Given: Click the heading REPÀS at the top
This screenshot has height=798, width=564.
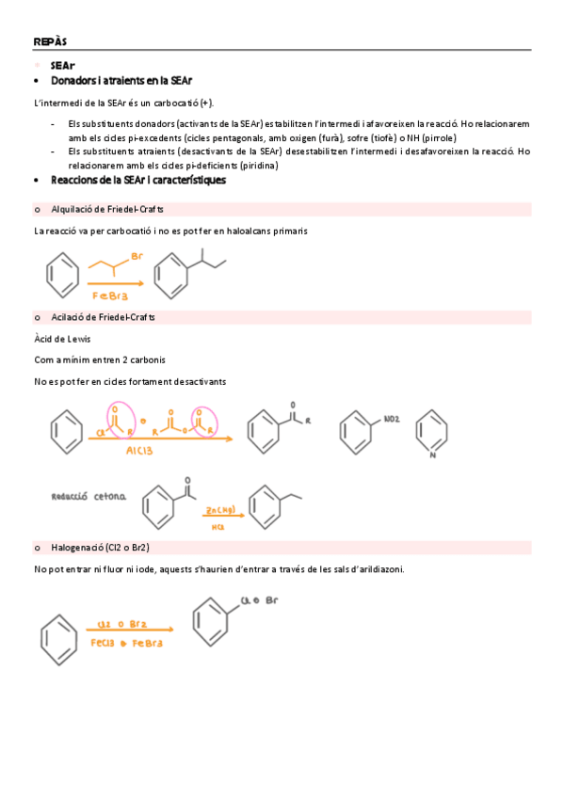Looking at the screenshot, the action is [x=49, y=41].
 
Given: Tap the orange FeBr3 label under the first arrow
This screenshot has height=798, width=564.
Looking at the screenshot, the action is [x=110, y=295].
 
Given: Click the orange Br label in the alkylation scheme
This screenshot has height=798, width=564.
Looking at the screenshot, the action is [x=137, y=256].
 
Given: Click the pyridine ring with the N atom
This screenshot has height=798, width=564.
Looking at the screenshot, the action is [x=432, y=430].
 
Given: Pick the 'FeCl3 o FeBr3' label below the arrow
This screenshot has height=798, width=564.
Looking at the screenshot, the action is [x=127, y=644].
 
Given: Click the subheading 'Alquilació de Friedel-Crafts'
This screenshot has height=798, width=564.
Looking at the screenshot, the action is [x=107, y=209].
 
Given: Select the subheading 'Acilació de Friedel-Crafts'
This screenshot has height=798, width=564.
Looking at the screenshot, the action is [x=103, y=317].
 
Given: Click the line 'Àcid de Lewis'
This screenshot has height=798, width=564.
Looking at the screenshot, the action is [x=62, y=338].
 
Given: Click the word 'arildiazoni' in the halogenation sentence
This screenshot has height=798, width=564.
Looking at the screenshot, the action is [x=373, y=568].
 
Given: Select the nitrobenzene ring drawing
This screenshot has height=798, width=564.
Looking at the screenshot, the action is [x=359, y=430].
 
